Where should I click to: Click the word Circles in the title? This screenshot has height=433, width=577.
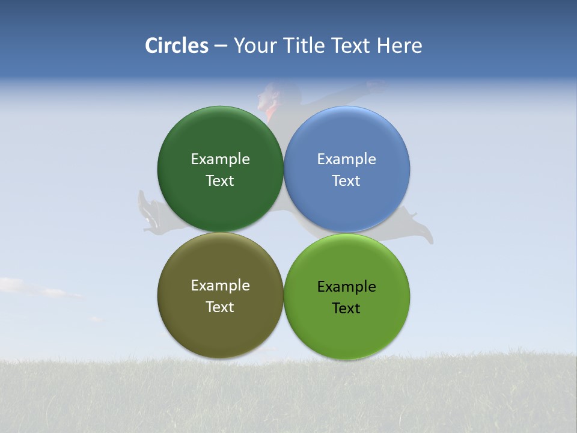177,46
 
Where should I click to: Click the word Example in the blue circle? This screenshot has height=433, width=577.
347,159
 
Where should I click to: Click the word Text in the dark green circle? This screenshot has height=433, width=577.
220,181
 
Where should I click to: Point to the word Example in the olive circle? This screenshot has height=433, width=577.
220,286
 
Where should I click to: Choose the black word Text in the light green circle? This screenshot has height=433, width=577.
346,309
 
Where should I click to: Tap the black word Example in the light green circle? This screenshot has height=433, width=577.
347,287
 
